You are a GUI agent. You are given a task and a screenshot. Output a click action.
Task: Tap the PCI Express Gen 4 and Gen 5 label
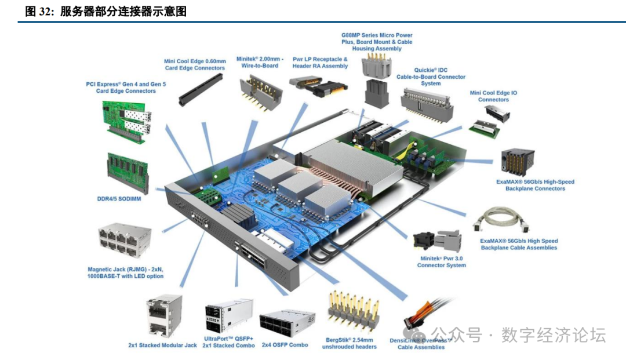(126, 87)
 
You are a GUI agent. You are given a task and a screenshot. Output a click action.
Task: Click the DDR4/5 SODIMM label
(119, 199)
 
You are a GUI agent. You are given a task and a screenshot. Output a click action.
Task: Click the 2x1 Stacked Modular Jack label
(162, 345)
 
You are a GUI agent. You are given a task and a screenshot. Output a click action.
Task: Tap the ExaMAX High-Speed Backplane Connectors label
(535, 185)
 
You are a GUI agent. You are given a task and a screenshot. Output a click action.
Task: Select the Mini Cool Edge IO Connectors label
(493, 96)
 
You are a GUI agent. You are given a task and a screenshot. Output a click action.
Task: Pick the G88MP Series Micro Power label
(377, 42)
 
